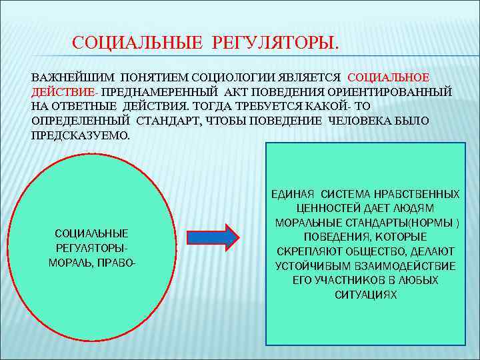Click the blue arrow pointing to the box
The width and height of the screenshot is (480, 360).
click(212, 237)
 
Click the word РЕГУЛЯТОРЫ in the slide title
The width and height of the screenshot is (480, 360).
click(275, 43)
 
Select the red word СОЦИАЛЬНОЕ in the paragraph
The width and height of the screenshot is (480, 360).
click(389, 77)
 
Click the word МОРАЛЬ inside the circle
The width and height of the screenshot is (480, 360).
click(71, 262)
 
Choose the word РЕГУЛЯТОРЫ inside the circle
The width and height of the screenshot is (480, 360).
click(91, 247)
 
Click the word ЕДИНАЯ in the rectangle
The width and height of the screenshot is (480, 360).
click(294, 194)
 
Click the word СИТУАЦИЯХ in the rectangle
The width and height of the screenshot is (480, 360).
click(365, 295)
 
